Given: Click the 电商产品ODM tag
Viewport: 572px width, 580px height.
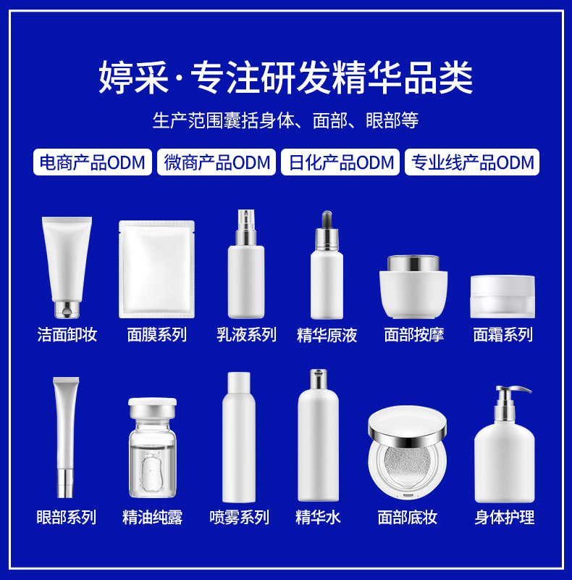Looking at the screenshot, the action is [93, 162].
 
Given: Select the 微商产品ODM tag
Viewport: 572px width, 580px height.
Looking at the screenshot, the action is [216, 162].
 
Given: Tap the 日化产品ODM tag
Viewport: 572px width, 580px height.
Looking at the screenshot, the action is [340, 162].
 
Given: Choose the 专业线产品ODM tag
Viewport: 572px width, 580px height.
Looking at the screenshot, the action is [472, 162].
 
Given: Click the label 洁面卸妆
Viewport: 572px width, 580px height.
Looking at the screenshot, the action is [67, 335].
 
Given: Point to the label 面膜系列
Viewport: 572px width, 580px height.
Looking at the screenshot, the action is [156, 335].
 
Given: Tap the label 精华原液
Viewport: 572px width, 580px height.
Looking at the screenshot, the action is [327, 335].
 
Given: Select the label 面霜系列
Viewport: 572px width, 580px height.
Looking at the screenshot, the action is [503, 335].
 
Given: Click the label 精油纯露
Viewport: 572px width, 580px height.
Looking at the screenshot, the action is [152, 517].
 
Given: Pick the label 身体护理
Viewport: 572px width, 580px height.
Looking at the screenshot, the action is [505, 517].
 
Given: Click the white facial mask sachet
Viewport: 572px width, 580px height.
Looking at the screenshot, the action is [156, 269].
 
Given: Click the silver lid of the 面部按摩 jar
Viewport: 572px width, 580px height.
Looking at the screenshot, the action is [413, 263].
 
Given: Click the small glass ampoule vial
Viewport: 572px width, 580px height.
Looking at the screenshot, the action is [152, 447].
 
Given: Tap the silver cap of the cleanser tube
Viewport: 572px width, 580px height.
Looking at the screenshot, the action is [67, 310].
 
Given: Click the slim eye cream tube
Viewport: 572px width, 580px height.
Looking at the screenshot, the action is [66, 437].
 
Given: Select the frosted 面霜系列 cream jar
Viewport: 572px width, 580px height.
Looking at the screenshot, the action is [502, 297].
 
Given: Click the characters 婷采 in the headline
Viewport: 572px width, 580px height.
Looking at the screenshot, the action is [133, 78].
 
